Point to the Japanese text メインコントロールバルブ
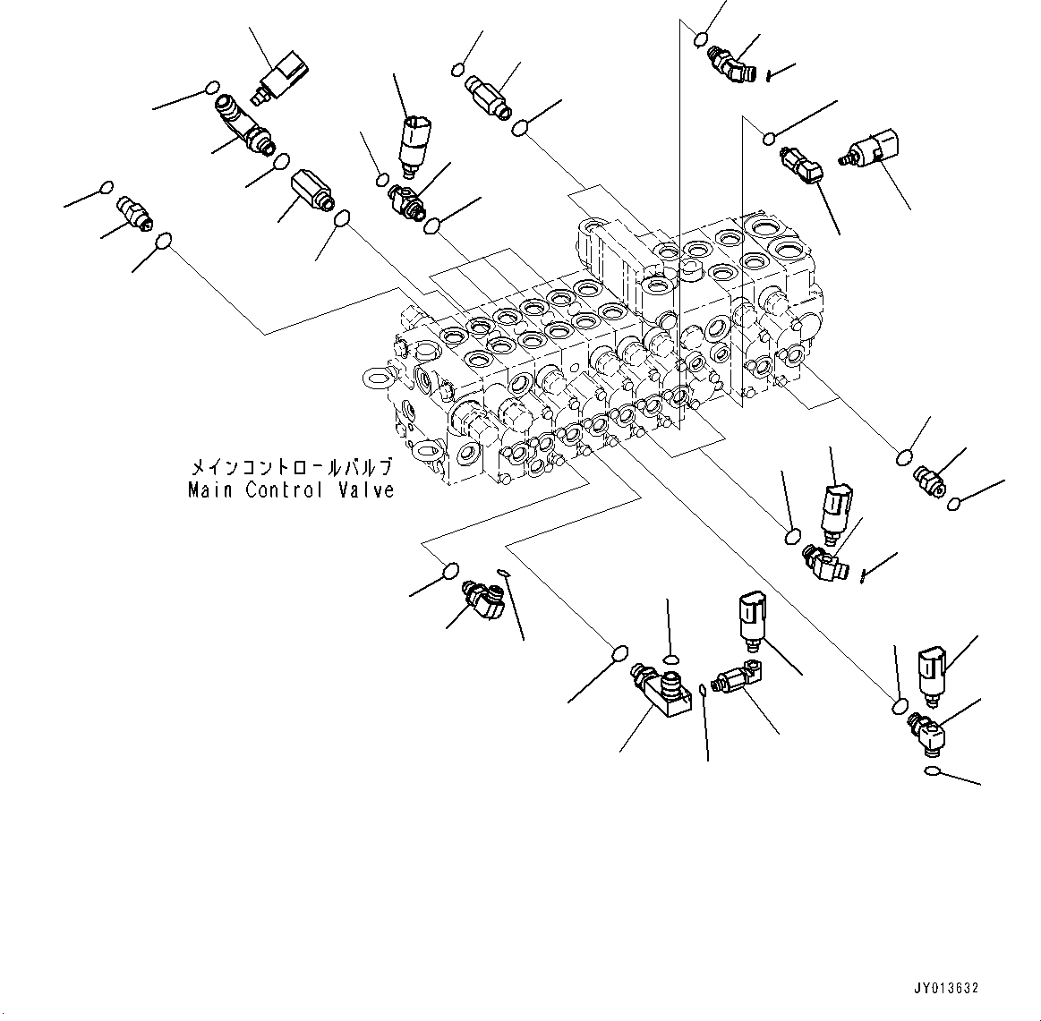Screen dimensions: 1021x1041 tap(289, 468)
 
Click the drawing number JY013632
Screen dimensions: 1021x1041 tap(945, 989)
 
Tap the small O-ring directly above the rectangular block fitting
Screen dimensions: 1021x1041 tap(670, 660)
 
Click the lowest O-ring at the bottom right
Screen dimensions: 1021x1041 tap(932, 772)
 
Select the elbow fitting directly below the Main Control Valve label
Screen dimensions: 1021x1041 tap(484, 600)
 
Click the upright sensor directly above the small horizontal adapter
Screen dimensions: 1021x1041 tap(751, 618)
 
